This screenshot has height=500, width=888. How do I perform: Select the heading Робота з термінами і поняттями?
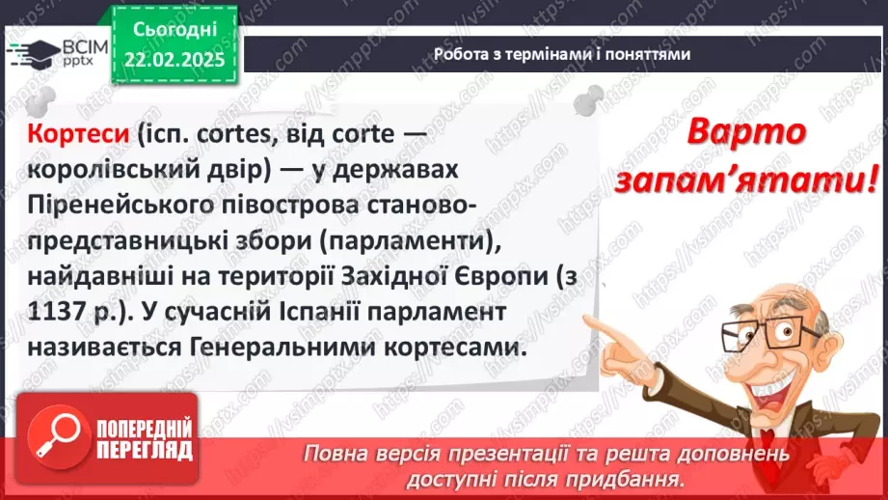tap(561, 54)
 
